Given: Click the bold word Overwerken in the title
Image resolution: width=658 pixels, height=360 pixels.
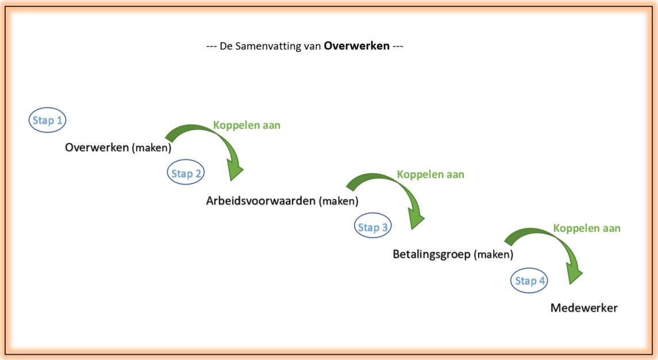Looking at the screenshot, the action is coord(357,46).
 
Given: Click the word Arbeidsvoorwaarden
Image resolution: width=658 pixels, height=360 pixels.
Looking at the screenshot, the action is coord(260,201).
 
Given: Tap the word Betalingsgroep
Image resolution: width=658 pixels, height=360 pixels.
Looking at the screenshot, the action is coord(432,255).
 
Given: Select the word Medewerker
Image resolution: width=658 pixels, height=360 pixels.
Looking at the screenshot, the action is coord(584,308).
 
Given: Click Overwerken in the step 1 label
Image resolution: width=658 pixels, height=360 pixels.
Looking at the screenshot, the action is coord(97,147).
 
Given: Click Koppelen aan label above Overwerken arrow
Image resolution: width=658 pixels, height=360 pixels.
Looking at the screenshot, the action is coord(247,125).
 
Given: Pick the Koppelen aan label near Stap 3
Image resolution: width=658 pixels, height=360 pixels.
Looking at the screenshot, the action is coord(430,174).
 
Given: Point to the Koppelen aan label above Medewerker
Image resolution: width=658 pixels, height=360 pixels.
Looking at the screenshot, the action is coord(587,228).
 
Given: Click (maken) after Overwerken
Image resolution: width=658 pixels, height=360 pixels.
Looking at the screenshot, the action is coord(152,148).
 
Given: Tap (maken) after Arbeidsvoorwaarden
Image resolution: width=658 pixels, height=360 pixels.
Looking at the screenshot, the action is coord(338,201).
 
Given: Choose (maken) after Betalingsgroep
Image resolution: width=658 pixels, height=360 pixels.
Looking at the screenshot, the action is coord(494,255).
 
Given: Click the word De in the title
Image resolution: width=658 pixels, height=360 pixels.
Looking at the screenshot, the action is coord(226,46).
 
